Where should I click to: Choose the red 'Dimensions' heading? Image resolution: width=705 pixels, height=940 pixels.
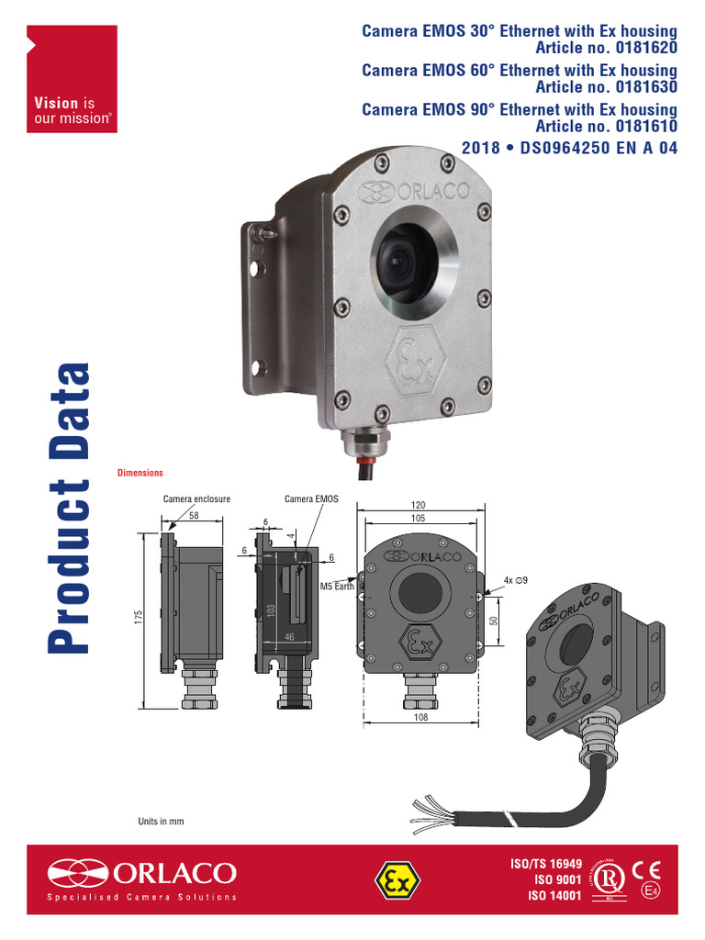140,473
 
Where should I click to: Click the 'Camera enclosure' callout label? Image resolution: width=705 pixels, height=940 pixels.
196,499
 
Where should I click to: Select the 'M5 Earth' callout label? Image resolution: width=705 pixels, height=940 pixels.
337,586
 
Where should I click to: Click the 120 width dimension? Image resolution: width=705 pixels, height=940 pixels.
420,506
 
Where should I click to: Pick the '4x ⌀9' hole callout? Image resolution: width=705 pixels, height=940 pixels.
517,580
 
